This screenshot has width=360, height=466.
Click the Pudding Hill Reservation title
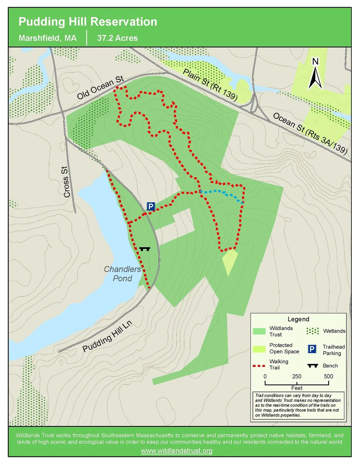88,22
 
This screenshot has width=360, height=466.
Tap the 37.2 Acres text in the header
117,38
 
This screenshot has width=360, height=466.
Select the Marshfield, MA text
48,38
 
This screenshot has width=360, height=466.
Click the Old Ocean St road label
100,88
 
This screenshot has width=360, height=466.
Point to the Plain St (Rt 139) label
210,85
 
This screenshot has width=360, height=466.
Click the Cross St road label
66,182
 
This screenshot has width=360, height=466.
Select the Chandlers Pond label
122,274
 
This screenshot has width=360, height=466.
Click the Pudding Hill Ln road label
107,336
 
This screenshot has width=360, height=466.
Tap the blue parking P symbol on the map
150,206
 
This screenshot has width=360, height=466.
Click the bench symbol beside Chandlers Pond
145,248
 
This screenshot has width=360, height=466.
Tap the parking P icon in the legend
312,349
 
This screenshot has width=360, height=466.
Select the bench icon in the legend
312,366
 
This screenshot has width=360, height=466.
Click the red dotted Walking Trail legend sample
259,366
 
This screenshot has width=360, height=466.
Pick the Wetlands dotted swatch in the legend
312,331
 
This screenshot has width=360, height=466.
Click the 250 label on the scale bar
297,377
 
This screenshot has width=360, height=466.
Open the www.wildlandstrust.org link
177,451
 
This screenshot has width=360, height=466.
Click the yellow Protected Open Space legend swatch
259,349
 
